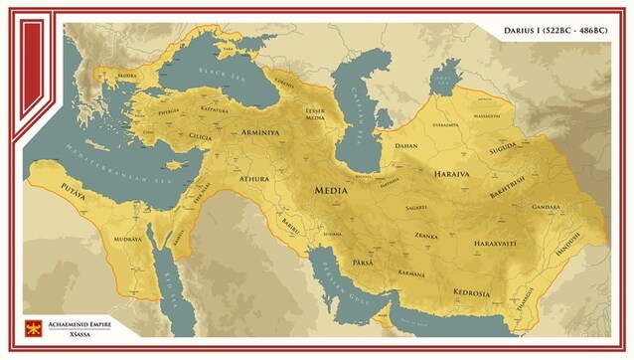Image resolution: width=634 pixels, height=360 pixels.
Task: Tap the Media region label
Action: [335, 190]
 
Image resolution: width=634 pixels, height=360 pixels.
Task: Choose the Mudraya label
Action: [129, 240]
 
